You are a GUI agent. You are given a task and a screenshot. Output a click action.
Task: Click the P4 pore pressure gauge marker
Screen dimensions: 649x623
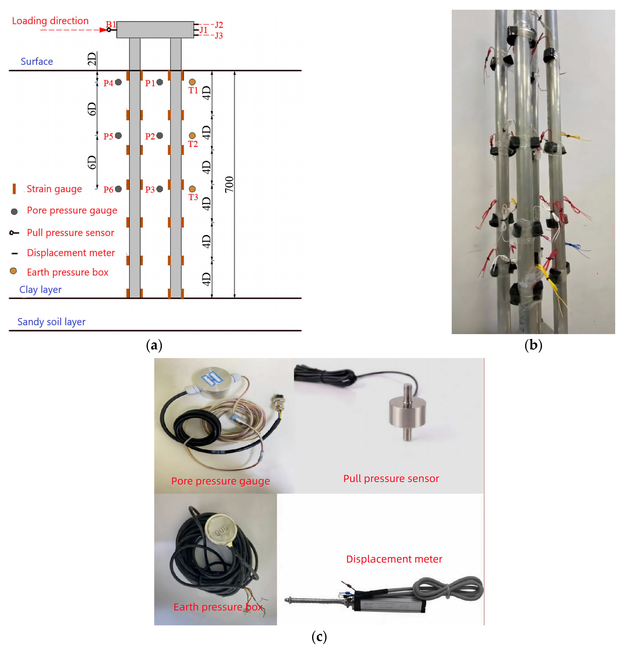click(118, 82)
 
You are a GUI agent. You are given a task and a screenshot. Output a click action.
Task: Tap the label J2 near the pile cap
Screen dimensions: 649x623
click(219, 25)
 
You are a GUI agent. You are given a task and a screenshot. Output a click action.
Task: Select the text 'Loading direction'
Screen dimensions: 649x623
click(50, 21)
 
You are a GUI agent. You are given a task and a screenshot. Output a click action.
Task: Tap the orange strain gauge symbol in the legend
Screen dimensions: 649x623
click(14, 189)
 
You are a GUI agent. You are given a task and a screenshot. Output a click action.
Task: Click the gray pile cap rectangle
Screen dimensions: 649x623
click(155, 30)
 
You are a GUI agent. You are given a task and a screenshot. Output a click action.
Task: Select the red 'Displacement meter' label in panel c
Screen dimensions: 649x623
click(394, 559)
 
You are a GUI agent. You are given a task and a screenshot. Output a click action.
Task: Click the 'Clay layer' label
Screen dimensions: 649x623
click(40, 290)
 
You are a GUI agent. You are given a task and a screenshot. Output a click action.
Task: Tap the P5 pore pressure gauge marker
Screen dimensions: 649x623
click(118, 135)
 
